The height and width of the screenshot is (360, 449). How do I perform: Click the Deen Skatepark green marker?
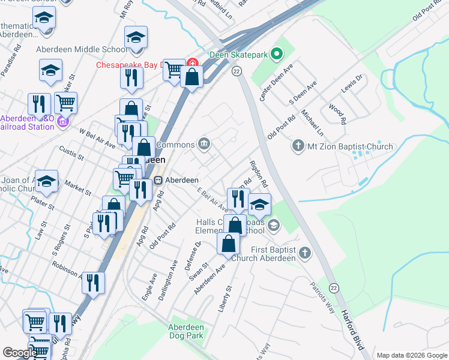coord(276,55)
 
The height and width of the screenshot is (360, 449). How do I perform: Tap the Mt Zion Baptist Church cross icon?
coord(297,146)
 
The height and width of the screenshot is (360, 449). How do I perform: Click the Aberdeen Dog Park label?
coord(185,332)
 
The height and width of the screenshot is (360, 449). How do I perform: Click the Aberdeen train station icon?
coord(158,180)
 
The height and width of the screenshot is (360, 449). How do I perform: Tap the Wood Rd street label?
coord(337,113)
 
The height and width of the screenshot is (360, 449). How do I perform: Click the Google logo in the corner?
coord(19,353)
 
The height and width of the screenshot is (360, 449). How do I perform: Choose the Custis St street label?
coord(71,151)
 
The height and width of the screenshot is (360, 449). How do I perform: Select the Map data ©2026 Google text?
coord(411,355)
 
